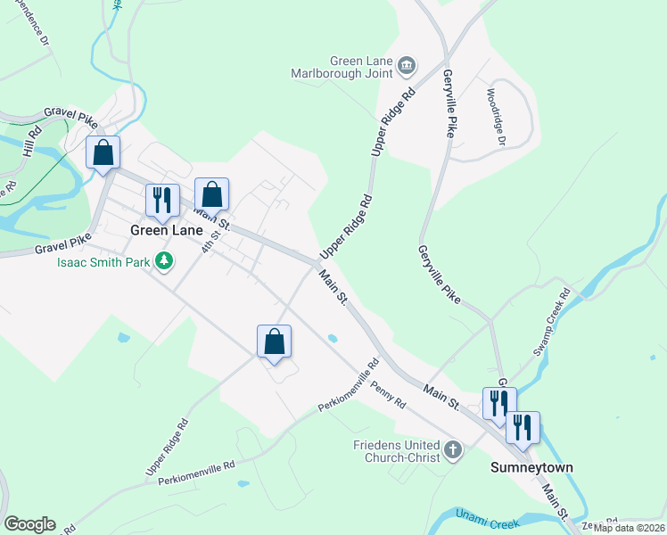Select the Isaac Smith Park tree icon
[163, 261]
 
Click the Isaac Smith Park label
[104, 262]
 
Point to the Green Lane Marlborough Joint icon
[407, 63]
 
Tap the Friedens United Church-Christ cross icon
[453, 450]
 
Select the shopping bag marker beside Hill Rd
[103, 152]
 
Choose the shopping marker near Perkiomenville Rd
[274, 341]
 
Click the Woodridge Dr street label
[495, 116]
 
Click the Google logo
[29, 524]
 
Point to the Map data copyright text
[630, 527]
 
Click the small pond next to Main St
[333, 338]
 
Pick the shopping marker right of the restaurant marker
[211, 193]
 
